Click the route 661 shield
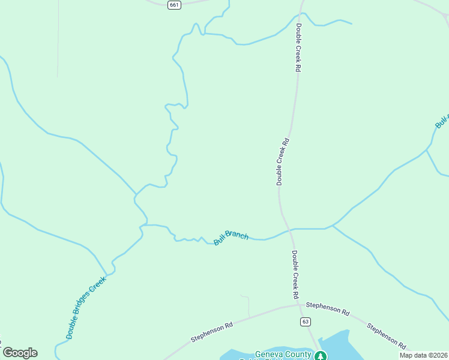click(174, 5)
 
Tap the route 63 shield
click(306, 322)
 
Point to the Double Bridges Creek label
click(86, 307)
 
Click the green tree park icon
click(321, 356)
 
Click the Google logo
click(20, 353)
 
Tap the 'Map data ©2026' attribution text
click(423, 355)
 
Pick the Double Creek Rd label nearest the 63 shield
click(295, 275)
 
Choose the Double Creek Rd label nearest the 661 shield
click(298, 48)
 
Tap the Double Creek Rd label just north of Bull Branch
click(282, 161)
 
